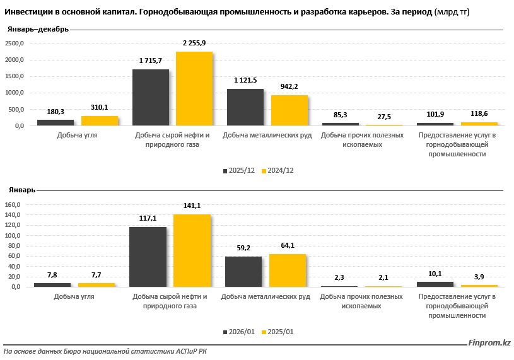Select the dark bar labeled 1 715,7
pos(151,97)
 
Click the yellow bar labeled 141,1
pos(192,250)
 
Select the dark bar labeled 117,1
pos(148,257)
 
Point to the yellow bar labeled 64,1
pos(287,270)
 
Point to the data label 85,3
pos(341,115)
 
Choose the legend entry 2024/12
pos(281,171)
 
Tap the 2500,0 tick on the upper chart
pos(14,44)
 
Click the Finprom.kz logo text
pos(489,342)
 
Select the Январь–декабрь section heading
pos(38,30)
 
